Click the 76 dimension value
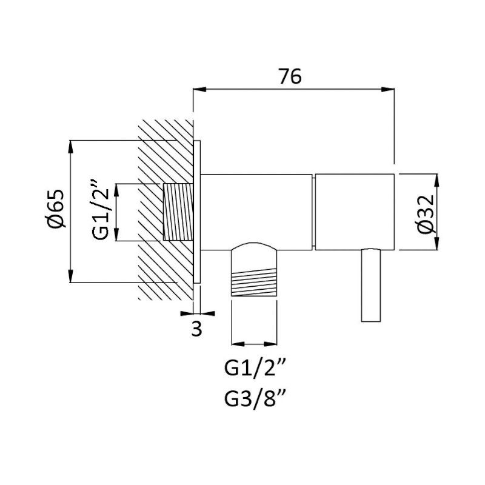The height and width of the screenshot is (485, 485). (x=290, y=76)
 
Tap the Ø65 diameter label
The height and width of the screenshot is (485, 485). (x=55, y=208)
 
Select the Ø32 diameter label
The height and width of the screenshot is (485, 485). (x=426, y=214)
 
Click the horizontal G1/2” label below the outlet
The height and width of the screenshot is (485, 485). (x=253, y=368)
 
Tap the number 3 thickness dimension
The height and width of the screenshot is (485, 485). (x=196, y=329)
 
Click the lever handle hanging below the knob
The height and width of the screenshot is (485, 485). (x=371, y=284)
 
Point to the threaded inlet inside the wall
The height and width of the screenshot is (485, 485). (x=178, y=212)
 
